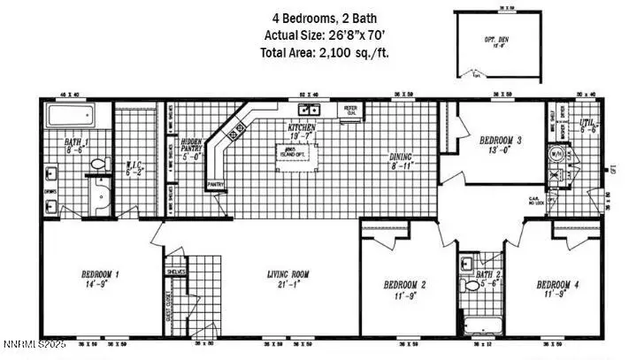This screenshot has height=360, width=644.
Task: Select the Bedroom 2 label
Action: [406, 289]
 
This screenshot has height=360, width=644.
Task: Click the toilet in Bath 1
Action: [100, 165]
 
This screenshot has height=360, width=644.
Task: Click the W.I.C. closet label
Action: [135, 169]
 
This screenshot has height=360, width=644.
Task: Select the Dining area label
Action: [403, 161]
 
